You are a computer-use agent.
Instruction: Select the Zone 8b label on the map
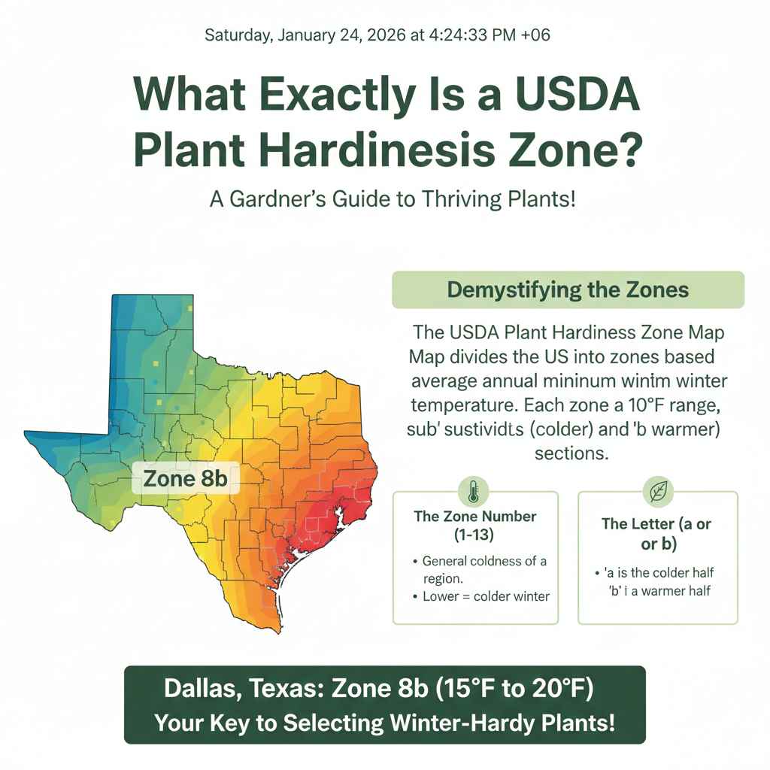[185, 478]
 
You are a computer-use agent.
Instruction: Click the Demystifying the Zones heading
[568, 290]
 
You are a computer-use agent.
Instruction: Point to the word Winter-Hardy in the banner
[495, 723]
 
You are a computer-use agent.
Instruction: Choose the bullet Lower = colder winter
[486, 596]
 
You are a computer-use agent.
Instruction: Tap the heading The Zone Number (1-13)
[475, 526]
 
